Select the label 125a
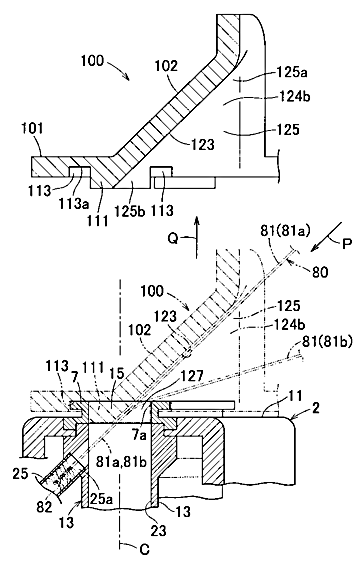[x=292, y=73]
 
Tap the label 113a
[x=74, y=203]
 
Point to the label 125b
[x=130, y=211]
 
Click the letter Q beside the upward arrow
[x=174, y=238]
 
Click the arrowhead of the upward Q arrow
[x=197, y=221]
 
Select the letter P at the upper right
[x=346, y=244]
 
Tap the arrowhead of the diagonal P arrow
[x=316, y=247]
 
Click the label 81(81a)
[x=286, y=231]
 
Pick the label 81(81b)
[x=326, y=342]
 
